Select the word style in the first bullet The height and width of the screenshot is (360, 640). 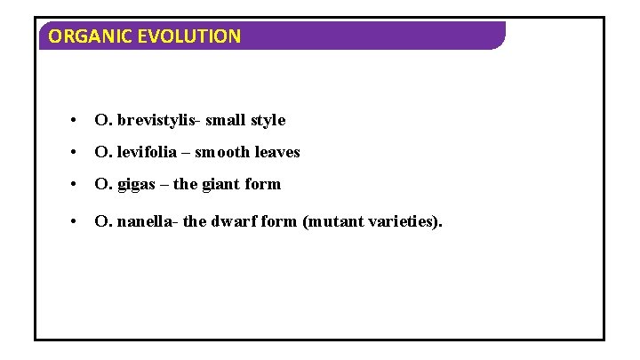point(268,120)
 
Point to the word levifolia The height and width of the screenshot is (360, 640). point(147,152)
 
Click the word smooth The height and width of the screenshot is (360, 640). point(222,152)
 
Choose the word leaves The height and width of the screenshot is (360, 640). point(277,152)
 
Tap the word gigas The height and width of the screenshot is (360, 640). point(135,185)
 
